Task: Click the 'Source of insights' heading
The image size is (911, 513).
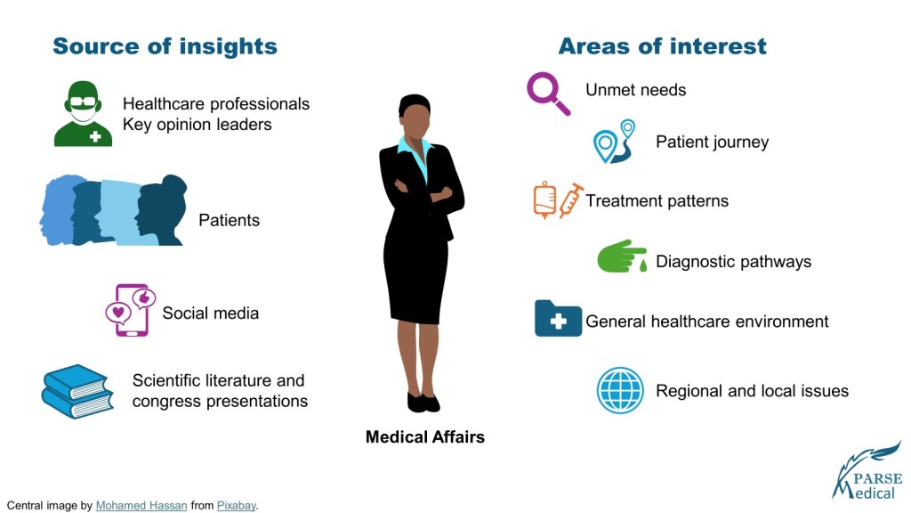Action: [165, 46]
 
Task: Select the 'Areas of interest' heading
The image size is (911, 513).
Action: [662, 46]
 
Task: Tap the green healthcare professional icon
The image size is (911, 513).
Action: [83, 114]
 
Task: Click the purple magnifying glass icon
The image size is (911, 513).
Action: [547, 93]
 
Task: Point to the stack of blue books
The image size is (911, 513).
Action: [77, 392]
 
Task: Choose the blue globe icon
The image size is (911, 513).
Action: [620, 390]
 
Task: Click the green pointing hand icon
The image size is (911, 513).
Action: [622, 256]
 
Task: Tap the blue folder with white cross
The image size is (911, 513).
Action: [558, 318]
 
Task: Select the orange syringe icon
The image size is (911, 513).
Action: [571, 200]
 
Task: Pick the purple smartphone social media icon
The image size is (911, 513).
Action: [132, 310]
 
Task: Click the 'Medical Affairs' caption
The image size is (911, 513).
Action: [424, 436]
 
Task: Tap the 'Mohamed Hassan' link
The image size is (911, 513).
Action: [141, 506]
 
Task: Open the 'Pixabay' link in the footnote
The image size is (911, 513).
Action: [236, 506]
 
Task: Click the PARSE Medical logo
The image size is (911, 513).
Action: [867, 472]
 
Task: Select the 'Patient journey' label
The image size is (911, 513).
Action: [713, 142]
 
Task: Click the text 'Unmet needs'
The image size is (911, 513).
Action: [635, 90]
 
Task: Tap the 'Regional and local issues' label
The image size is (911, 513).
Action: [753, 391]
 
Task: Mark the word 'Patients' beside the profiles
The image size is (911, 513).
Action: [229, 220]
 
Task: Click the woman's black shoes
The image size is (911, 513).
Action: [423, 403]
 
